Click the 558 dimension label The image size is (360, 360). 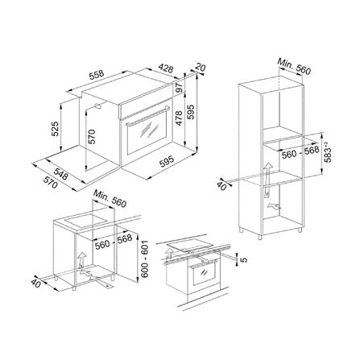[97, 75]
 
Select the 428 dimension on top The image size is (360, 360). [165, 68]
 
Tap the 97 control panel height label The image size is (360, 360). [180, 88]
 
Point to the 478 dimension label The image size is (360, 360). [179, 118]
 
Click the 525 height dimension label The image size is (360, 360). [55, 129]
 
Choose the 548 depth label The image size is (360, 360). [60, 174]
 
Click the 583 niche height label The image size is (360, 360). [328, 152]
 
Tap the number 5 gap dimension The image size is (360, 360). [244, 260]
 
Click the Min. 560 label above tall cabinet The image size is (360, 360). [294, 66]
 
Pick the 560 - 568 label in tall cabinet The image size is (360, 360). [300, 152]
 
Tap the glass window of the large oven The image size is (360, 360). [147, 134]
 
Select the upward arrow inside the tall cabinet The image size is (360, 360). [267, 180]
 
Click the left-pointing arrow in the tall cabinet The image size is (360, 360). [274, 207]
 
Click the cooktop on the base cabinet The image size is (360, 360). [85, 221]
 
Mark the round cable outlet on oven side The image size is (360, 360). [97, 106]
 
